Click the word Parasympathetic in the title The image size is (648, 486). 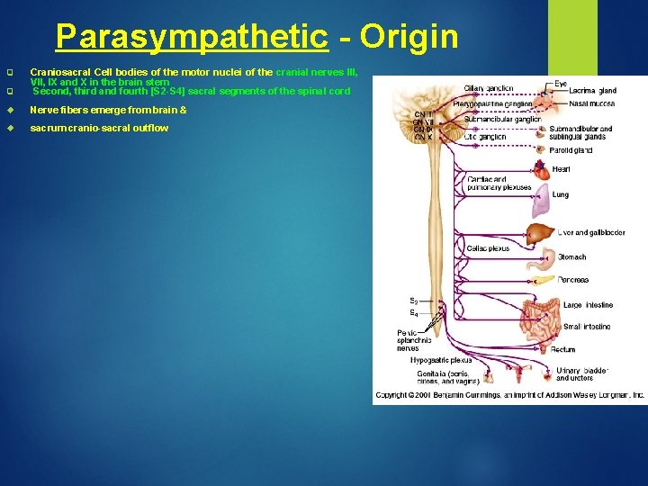point(191,36)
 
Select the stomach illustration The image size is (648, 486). point(540,261)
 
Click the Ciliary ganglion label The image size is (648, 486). point(489,88)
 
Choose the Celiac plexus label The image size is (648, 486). point(488,248)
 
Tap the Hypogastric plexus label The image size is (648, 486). point(441,360)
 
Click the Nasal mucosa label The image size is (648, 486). point(591,103)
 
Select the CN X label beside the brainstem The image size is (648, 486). point(423,137)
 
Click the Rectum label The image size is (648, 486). point(562,349)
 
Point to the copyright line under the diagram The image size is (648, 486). point(508,395)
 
